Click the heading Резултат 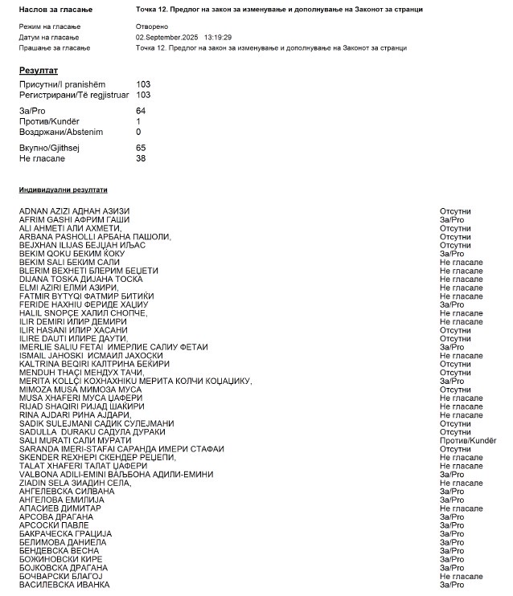[39, 71]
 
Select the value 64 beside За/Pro [141, 110]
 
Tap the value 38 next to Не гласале [141, 158]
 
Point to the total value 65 [141, 148]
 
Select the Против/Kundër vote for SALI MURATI [467, 439]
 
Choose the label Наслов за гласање [55, 9]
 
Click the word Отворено [152, 27]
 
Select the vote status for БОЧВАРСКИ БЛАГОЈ [461, 576]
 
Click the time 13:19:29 [218, 38]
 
